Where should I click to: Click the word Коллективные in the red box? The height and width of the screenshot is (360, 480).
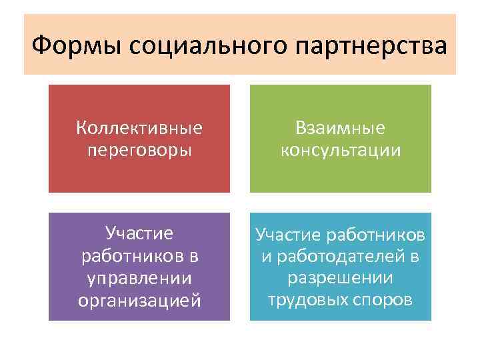(139, 127)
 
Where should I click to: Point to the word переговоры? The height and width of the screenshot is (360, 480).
(139, 150)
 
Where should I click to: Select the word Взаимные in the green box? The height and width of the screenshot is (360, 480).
(341, 127)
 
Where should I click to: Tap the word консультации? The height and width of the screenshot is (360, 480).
(341, 150)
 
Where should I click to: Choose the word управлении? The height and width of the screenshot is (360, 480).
(139, 277)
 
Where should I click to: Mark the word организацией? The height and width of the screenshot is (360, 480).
(139, 300)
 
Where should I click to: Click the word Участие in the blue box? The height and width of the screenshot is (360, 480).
(288, 235)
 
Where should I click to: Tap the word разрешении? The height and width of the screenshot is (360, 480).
(341, 277)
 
